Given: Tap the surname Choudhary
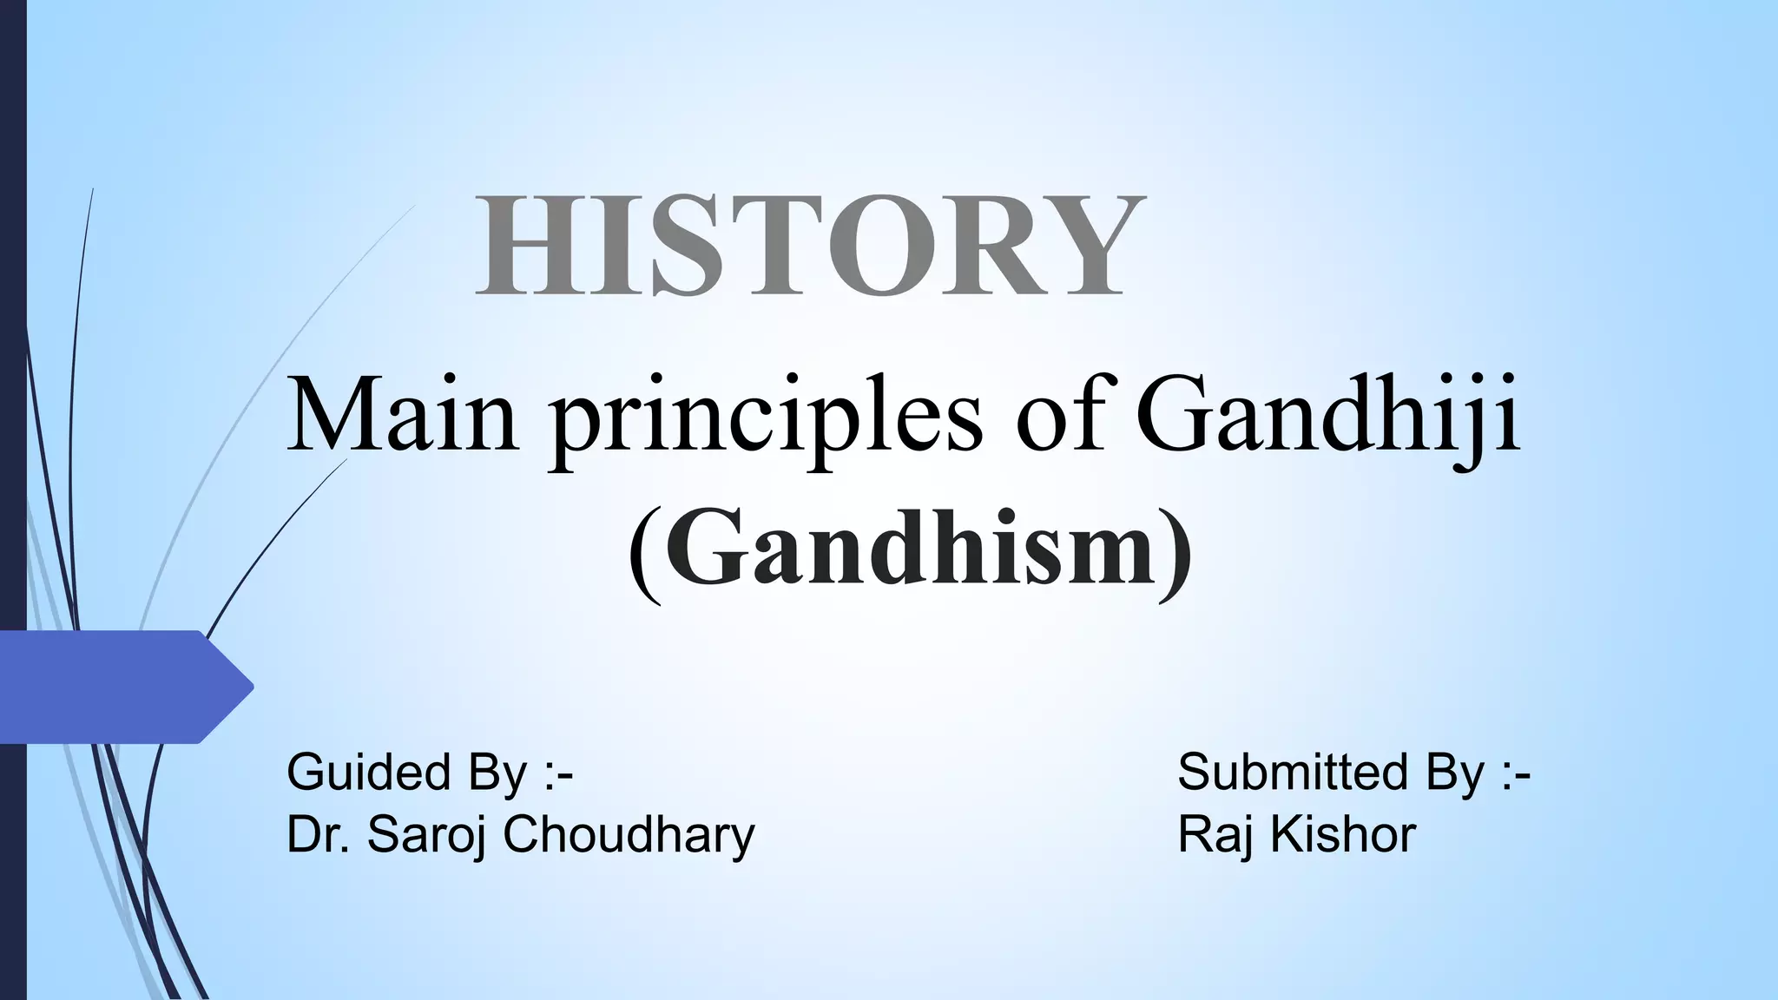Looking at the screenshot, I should coord(629,836).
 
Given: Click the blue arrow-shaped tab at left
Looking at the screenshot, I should coord(122,687).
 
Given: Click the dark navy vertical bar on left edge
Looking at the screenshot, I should coord(12,347).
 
